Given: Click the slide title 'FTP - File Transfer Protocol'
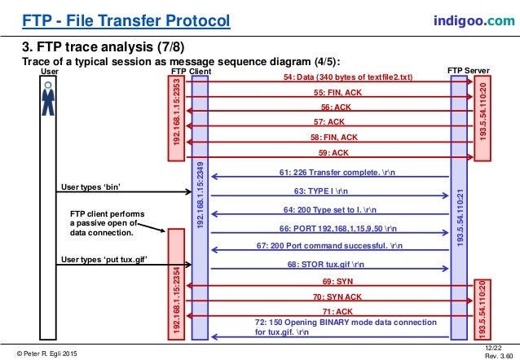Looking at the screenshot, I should (x=115, y=20).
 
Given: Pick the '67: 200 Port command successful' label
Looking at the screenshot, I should (x=329, y=245).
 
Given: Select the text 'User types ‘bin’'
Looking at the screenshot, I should (x=91, y=188).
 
